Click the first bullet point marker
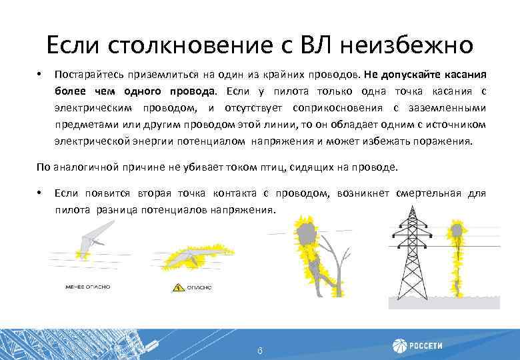coord(39,74)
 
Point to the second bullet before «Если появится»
coord(39,193)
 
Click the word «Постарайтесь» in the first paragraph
coord(87,74)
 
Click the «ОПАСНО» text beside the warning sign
coord(198,287)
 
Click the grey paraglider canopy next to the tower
coord(456,233)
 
